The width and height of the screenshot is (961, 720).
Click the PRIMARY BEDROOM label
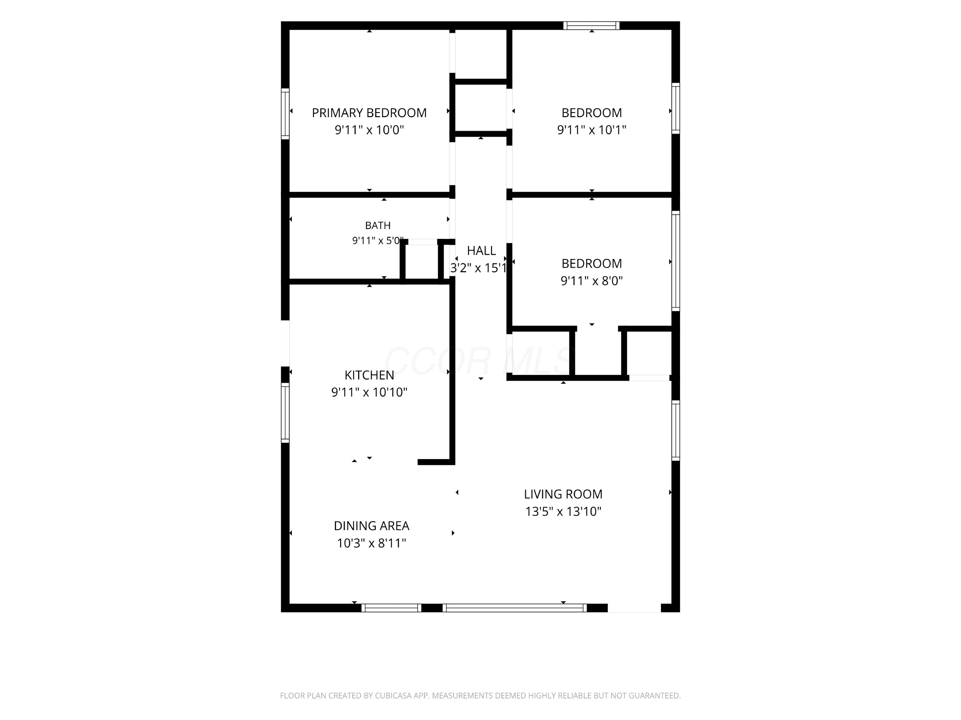[369, 113]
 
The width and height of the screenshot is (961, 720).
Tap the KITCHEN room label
[369, 375]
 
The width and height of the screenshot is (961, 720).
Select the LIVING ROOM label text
[563, 494]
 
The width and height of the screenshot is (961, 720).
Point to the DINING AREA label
[372, 526]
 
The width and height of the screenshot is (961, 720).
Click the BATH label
[378, 225]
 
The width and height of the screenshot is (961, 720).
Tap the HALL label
[481, 251]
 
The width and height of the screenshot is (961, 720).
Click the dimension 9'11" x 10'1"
[592, 130]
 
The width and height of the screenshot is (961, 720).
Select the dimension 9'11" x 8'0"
[592, 281]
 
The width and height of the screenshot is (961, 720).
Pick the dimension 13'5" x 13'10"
[563, 512]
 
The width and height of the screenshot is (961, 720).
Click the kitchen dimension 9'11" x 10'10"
[369, 392]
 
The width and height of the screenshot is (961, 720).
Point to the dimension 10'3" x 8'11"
[372, 543]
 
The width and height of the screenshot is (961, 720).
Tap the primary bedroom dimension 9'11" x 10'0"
[369, 130]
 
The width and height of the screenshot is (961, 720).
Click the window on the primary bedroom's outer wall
[285, 114]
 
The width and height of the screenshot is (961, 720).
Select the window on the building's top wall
[591, 26]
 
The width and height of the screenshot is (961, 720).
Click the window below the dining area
[391, 608]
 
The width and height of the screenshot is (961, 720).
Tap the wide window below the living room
[514, 608]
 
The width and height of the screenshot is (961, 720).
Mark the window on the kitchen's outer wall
[285, 413]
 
